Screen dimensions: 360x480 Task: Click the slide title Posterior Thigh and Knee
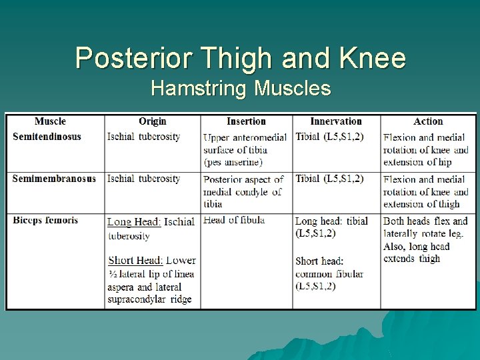pyautogui.click(x=240, y=58)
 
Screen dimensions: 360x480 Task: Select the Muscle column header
pyautogui.click(x=50, y=121)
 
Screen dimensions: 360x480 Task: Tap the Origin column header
pyautogui.click(x=152, y=121)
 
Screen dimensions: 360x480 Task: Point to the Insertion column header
pyautogui.click(x=246, y=121)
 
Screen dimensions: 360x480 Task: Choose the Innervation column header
pyautogui.click(x=336, y=121)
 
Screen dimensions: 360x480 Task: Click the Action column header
pyautogui.click(x=427, y=121)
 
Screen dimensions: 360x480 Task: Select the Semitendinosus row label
pyautogui.click(x=47, y=137)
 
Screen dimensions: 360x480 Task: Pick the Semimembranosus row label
pyautogui.click(x=54, y=179)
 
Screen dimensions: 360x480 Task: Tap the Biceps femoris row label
pyautogui.click(x=45, y=220)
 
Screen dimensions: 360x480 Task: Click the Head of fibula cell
pyautogui.click(x=234, y=220)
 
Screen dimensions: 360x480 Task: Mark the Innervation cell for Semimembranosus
pyautogui.click(x=329, y=179)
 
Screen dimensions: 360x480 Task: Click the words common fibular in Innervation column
pyautogui.click(x=329, y=273)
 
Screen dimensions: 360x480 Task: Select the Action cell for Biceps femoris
pyautogui.click(x=425, y=239)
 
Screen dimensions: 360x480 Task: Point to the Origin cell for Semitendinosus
pyautogui.click(x=143, y=137)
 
